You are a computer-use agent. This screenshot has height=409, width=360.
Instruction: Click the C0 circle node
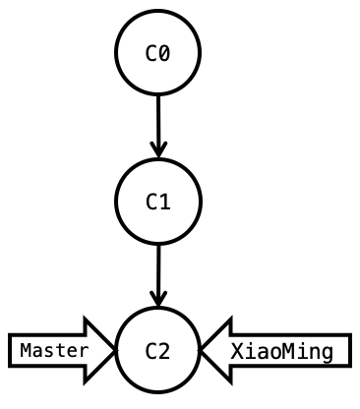click(157, 53)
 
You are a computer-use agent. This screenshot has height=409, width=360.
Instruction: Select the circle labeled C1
click(157, 202)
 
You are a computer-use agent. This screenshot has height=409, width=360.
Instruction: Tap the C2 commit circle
click(157, 350)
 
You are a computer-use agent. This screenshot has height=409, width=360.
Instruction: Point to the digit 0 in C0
click(164, 53)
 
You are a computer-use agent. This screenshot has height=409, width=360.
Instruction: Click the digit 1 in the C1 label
click(164, 203)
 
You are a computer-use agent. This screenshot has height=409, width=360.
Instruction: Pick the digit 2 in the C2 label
click(164, 351)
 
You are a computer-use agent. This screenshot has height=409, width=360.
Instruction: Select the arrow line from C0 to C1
click(157, 118)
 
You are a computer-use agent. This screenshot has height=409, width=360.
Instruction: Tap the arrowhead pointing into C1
click(157, 150)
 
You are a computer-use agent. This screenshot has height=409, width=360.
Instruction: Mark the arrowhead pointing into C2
click(157, 299)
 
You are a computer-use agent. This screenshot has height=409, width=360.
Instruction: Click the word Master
click(53, 350)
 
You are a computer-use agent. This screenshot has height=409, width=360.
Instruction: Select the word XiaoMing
click(281, 351)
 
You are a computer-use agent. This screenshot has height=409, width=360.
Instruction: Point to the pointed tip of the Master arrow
click(114, 350)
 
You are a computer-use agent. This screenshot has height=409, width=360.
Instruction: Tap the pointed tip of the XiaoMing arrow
click(202, 350)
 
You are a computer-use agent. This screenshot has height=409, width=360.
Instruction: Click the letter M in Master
click(26, 350)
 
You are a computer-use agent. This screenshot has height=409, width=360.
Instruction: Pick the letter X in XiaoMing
click(237, 351)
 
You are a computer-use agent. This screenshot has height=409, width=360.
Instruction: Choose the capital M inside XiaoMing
click(275, 351)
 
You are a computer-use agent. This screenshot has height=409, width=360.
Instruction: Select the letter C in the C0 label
click(151, 53)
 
